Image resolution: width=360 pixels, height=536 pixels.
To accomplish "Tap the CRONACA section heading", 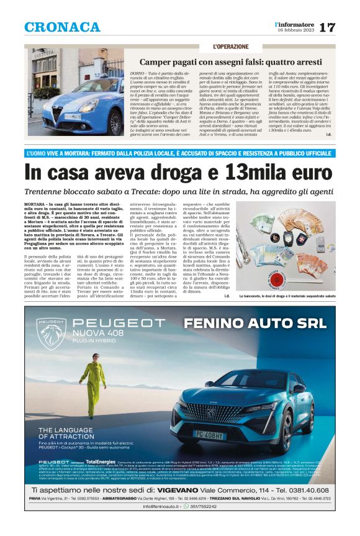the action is pyautogui.click(x=62, y=27).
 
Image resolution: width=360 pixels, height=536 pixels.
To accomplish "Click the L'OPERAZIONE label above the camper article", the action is pyautogui.click(x=231, y=47).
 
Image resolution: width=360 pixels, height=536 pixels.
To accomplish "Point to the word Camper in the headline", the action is pyautogui.click(x=157, y=62).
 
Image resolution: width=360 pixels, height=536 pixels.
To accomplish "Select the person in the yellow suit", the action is pyautogui.click(x=89, y=383).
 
